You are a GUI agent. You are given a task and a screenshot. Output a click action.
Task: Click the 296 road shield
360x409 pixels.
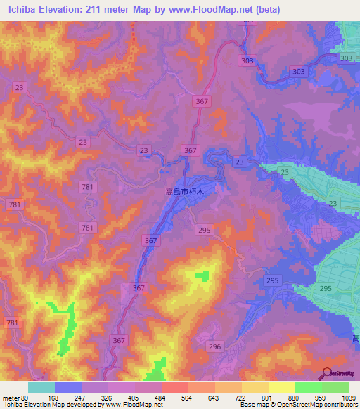point(215,346)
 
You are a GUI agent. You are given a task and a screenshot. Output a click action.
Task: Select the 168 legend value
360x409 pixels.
point(54,398)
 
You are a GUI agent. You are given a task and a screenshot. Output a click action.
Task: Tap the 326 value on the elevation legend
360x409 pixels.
point(108,398)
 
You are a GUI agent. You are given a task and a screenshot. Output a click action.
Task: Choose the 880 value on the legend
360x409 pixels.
point(295,398)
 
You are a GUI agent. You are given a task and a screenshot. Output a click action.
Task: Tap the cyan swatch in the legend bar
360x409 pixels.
point(41,387)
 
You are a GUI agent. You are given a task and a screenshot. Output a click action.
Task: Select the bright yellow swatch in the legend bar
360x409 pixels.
point(281,387)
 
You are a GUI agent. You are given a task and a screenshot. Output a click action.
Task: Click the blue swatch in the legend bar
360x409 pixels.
point(68,387)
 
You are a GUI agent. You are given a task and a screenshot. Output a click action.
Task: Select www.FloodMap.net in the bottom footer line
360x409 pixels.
point(131,405)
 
